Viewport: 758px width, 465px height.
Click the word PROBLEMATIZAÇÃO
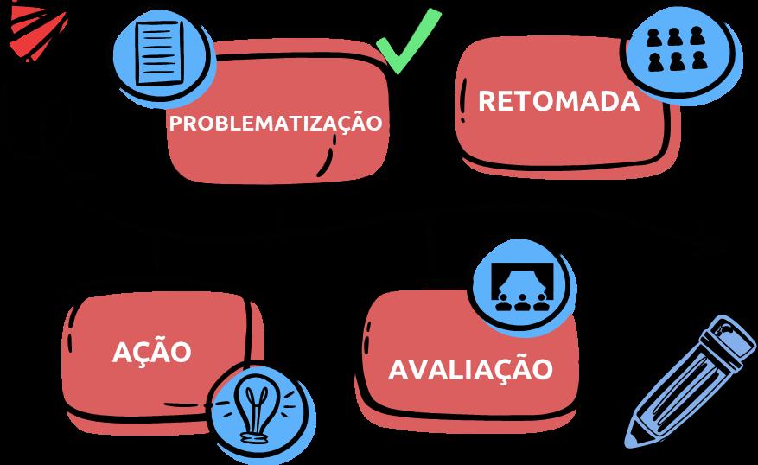pyautogui.click(x=275, y=124)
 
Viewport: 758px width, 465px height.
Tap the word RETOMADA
pyautogui.click(x=558, y=102)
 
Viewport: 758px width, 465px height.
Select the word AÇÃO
pyautogui.click(x=151, y=353)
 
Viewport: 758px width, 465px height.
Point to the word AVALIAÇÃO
pyautogui.click(x=470, y=370)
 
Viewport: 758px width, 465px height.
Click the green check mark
pyautogui.click(x=408, y=41)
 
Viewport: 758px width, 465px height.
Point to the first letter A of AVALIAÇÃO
pyautogui.click(x=398, y=370)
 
